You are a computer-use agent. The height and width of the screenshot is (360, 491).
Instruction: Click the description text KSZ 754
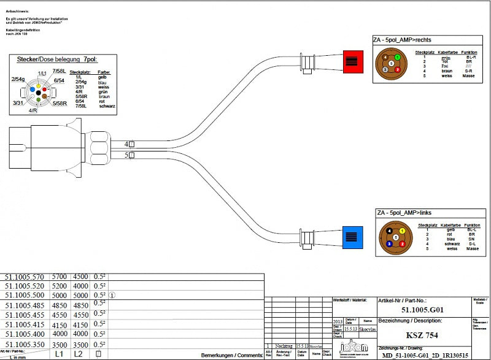(x=419, y=335)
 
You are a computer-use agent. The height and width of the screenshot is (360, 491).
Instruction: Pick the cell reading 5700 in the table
(x=60, y=277)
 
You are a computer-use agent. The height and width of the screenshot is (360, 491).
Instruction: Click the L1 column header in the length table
(x=60, y=354)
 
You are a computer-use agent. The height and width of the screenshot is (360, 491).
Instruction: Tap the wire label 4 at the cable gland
(x=127, y=144)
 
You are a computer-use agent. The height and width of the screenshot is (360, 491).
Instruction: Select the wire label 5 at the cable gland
(x=127, y=156)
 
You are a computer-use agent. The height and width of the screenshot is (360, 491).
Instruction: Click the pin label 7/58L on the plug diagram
(x=60, y=72)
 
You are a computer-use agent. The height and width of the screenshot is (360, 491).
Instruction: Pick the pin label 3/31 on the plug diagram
(x=19, y=103)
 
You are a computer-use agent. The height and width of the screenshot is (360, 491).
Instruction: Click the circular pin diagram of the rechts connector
(x=390, y=63)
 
